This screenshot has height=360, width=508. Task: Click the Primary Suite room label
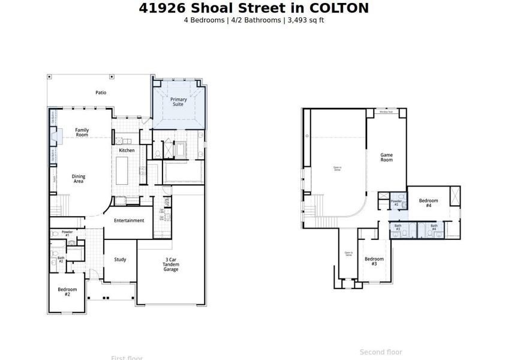coord(178,101)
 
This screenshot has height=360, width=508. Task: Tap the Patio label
coord(101,92)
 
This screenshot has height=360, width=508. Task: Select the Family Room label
coord(82,132)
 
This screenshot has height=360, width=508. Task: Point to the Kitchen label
coord(127,150)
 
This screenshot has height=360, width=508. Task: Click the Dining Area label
coord(79,179)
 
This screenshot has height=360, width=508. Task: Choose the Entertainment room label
coord(129,220)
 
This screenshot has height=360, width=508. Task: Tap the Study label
coord(120,259)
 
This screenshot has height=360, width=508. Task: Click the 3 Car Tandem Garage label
coord(171,265)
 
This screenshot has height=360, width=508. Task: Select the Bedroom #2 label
coord(67,292)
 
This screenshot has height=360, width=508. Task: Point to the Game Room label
coord(387,157)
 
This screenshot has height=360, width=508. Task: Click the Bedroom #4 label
coord(428,203)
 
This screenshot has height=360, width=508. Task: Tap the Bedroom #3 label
coord(374,261)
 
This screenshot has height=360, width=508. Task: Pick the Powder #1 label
coord(67,233)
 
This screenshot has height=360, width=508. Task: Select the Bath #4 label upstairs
coord(434,227)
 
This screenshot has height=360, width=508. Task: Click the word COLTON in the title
coord(339,8)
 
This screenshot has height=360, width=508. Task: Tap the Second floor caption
coord(381,352)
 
